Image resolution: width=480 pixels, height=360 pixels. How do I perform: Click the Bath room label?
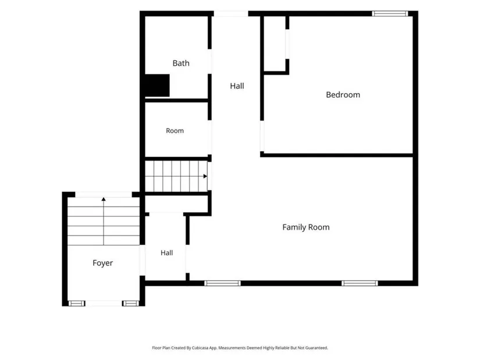coord(181,63)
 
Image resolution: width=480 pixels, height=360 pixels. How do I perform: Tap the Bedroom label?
coord(343,95)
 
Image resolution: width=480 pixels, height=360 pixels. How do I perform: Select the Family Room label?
coord(306,227)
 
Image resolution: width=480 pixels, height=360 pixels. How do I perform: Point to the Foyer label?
coord(102,263)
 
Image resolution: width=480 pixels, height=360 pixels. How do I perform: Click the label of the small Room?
coord(175,131)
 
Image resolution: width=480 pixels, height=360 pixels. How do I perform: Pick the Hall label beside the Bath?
coord(237,86)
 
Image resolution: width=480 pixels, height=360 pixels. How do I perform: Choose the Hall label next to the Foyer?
coord(166,253)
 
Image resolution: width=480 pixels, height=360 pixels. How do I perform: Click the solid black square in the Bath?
coord(157,85)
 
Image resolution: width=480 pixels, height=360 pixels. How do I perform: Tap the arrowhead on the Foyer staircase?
coord(104,199)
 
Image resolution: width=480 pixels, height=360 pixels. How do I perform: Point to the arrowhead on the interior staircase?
coord(205,176)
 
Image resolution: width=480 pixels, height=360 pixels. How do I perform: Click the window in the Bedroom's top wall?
coord(390,13)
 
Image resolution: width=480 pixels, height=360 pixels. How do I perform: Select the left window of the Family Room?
coord(223,283)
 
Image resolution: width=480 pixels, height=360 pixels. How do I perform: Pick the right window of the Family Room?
coord(360,283)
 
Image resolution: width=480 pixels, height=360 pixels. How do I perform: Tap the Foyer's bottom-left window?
coord(77,304)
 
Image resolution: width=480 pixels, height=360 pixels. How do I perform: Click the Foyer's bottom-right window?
coord(131,304)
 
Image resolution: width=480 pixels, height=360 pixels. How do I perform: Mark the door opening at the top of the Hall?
coord(231,13)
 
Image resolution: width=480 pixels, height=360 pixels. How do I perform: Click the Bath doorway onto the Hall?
coord(209,61)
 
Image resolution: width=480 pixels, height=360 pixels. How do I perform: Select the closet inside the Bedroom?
coord(275,44)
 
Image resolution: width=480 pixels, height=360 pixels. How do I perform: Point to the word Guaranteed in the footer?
coord(318,348)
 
